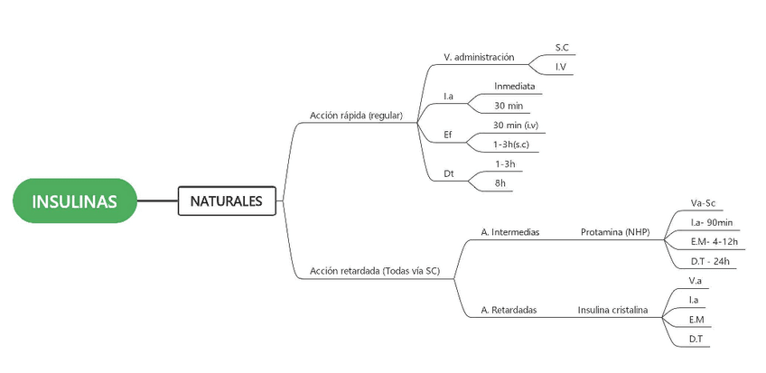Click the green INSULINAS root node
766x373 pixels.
click(74, 200)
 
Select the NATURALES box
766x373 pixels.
click(226, 200)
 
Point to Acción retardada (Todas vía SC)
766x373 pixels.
click(374, 270)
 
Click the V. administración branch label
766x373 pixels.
click(479, 57)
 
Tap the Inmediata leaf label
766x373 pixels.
click(514, 87)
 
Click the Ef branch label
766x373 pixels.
click(448, 135)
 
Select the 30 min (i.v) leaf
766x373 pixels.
click(516, 125)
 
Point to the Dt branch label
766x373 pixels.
click(448, 173)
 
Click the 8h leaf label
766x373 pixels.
click(500, 182)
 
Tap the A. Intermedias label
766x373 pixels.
click(509, 232)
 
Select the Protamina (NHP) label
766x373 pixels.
click(614, 232)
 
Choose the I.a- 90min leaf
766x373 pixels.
click(710, 222)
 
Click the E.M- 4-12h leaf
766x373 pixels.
click(713, 241)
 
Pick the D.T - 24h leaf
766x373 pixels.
click(709, 261)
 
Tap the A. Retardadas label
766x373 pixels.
click(509, 310)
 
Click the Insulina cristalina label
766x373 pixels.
click(613, 310)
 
